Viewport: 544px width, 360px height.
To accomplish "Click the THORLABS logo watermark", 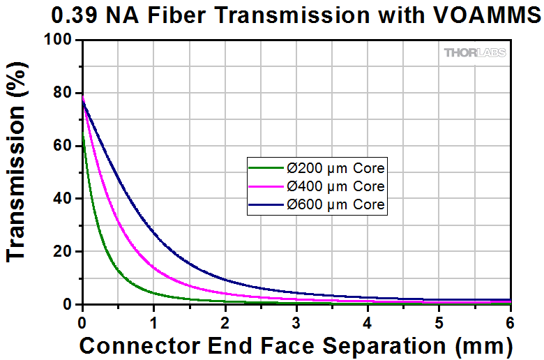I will pyautogui.click(x=474, y=52).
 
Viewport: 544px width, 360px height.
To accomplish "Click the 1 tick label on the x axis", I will pyautogui.click(x=153, y=322).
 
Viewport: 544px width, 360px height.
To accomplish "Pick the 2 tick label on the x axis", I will pyautogui.click(x=225, y=322).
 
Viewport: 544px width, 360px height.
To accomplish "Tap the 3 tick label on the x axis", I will pyautogui.click(x=296, y=322).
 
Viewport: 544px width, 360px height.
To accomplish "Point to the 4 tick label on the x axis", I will pyautogui.click(x=368, y=322).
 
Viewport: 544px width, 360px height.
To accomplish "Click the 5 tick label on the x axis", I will pyautogui.click(x=439, y=322).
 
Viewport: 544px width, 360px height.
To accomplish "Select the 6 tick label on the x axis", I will pyautogui.click(x=510, y=322).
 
